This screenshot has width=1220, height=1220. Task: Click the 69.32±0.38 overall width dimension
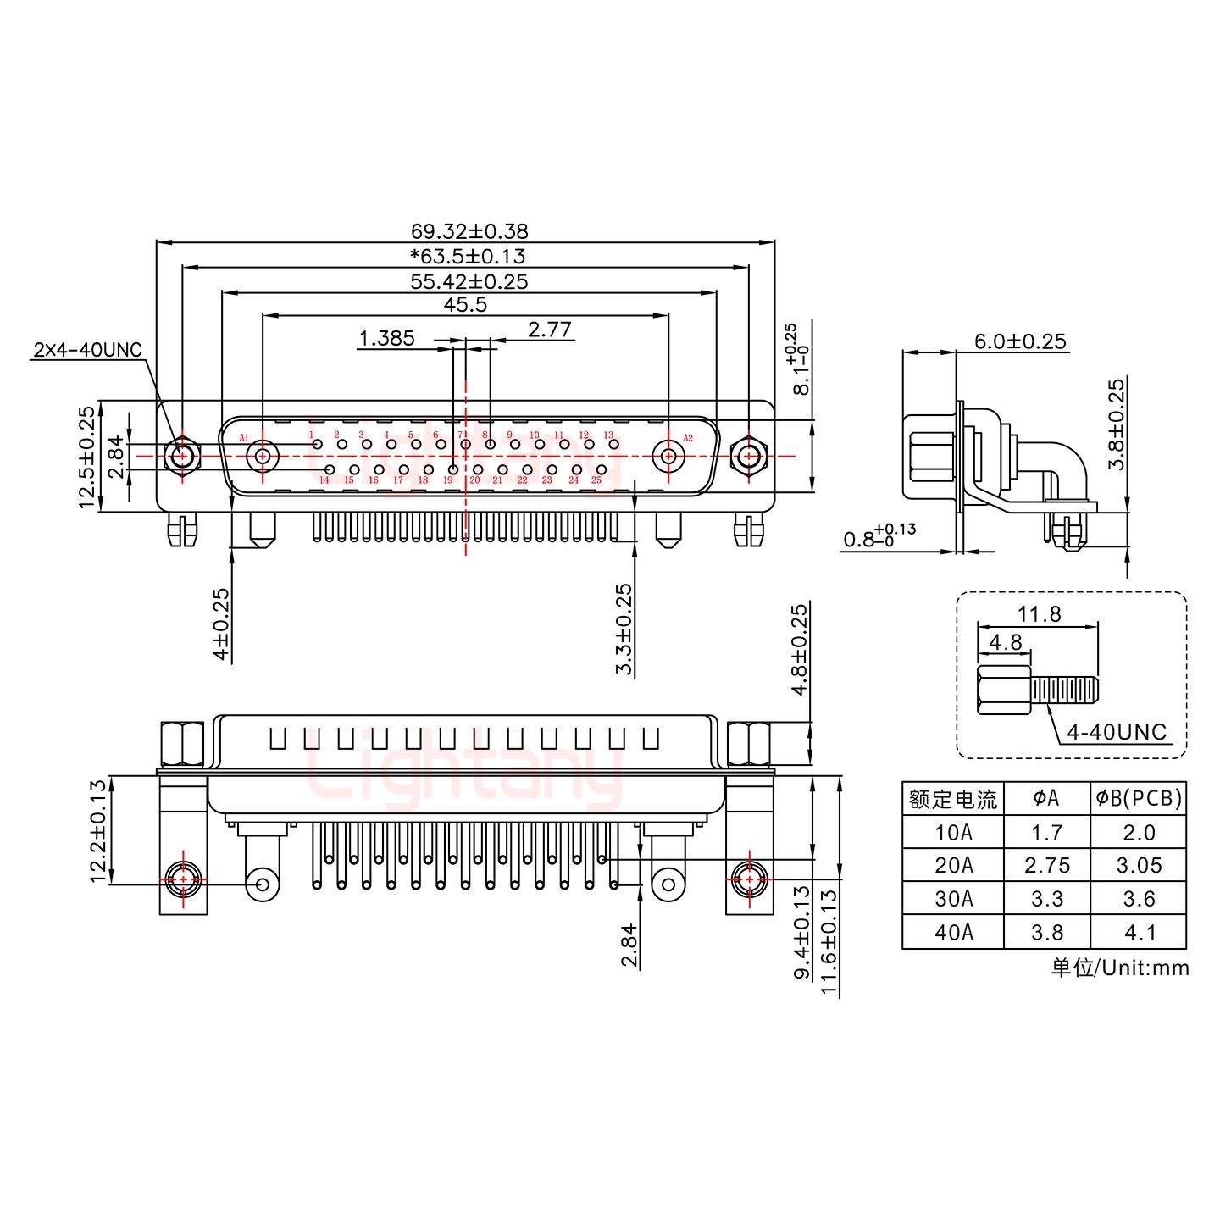point(469,230)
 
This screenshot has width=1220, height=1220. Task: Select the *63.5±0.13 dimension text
point(467,256)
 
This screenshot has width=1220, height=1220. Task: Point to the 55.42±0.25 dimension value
point(469,281)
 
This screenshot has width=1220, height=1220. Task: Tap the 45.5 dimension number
point(465,304)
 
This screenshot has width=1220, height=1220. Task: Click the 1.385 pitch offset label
point(386,339)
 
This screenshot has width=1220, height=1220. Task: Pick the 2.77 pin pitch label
point(550,329)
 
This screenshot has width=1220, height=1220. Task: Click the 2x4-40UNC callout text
point(87,349)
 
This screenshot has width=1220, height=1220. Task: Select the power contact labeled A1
point(262,457)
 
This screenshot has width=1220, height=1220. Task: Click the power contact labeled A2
point(668,457)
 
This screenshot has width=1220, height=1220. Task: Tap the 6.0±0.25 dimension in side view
point(1020,341)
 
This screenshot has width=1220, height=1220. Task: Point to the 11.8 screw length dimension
point(1040,613)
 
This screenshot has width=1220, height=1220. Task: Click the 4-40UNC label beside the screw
point(1117,731)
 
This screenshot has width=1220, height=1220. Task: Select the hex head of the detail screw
point(992,690)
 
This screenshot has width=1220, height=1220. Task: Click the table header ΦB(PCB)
point(1138,798)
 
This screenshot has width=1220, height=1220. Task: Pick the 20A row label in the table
point(953,865)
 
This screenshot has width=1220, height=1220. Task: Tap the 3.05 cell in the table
point(1138,865)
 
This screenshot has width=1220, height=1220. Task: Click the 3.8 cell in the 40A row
point(1046,932)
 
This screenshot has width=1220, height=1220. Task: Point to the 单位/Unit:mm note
point(1119,968)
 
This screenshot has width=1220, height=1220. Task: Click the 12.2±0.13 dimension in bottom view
point(99,831)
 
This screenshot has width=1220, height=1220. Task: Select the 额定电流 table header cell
point(953,798)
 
